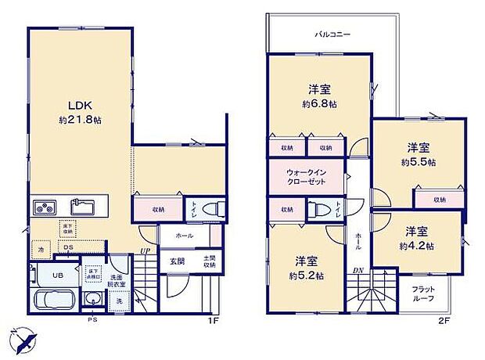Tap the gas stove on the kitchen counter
tap(44, 207)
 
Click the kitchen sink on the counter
tap(82, 207)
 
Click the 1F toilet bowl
tap(213, 209)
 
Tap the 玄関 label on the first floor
tap(176, 260)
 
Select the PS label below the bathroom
tap(92, 319)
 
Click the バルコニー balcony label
tap(332, 35)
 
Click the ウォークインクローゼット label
tap(306, 177)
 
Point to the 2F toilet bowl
tap(316, 210)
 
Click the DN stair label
tap(357, 271)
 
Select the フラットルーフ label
tap(423, 293)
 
